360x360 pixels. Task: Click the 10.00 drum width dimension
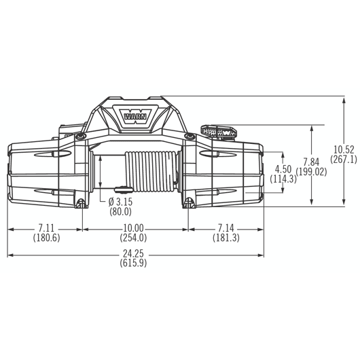click(x=133, y=228)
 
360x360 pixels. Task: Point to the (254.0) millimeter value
click(x=133, y=237)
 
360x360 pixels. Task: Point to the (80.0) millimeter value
click(x=122, y=211)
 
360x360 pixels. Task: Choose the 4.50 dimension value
click(x=283, y=169)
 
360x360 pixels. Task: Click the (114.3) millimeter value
click(x=283, y=179)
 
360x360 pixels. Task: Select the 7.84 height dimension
click(x=311, y=162)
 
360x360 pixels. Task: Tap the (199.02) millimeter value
click(x=312, y=172)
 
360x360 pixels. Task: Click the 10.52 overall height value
click(x=344, y=150)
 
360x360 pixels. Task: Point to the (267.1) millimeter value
click(x=344, y=160)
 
